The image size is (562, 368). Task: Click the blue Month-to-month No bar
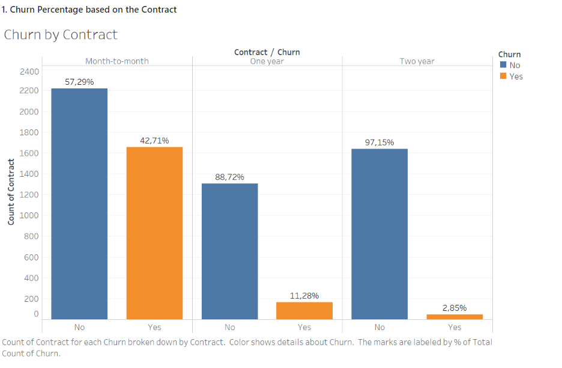[79, 204]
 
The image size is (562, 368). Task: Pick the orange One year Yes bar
[304, 310]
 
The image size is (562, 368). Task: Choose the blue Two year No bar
[379, 234]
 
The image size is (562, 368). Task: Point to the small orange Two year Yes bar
[455, 316]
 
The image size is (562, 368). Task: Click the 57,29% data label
[79, 82]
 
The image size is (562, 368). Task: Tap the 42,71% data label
[154, 141]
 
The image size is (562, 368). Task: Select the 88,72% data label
[229, 177]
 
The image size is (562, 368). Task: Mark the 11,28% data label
[304, 296]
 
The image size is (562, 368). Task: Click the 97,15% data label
[379, 143]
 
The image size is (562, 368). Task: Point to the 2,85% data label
[455, 308]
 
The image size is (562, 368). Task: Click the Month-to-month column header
[117, 61]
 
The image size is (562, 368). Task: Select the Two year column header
[417, 61]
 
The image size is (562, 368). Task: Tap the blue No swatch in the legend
[503, 65]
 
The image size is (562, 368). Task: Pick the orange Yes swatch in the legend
[503, 76]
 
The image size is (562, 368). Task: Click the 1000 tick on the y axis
[31, 215]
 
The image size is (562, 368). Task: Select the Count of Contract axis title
[11, 192]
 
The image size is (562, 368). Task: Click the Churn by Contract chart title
[61, 35]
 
